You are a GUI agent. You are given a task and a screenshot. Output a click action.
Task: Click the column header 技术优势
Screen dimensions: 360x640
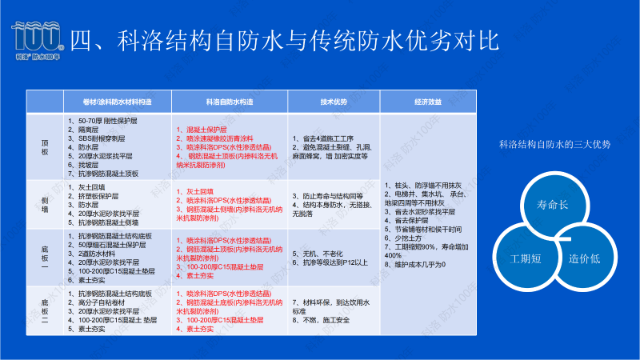pos(334,102)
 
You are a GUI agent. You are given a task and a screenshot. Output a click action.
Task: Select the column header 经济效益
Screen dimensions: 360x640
pos(429,102)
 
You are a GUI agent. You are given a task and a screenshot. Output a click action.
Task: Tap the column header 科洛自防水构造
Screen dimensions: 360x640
pos(229,102)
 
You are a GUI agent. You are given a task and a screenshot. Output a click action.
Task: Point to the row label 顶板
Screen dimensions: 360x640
pos(45,148)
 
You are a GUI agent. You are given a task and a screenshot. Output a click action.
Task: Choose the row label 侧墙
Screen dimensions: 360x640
pos(45,206)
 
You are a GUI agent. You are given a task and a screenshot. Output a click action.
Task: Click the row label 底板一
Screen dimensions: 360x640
pos(45,258)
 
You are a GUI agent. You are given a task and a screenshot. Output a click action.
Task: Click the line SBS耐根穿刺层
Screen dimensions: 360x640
pos(96,138)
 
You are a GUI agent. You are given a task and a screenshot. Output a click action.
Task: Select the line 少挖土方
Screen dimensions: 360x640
pos(403,238)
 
